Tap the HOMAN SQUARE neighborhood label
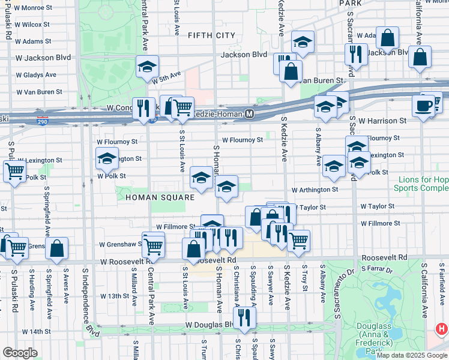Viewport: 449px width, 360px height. point(160,197)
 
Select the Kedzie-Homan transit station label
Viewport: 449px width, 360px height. point(226,113)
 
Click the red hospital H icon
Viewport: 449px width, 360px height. point(442,329)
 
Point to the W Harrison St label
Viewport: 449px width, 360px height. point(382,121)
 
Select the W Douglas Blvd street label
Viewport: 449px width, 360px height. point(208,325)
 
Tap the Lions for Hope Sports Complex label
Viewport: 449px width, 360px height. point(421,184)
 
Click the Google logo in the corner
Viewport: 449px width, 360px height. point(20,352)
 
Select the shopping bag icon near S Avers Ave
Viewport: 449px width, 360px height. point(57,248)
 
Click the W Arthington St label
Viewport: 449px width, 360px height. point(315,190)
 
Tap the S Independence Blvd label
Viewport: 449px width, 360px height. point(88,300)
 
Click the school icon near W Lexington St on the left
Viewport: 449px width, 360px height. point(107,158)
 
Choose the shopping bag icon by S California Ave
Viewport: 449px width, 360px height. point(420,57)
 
